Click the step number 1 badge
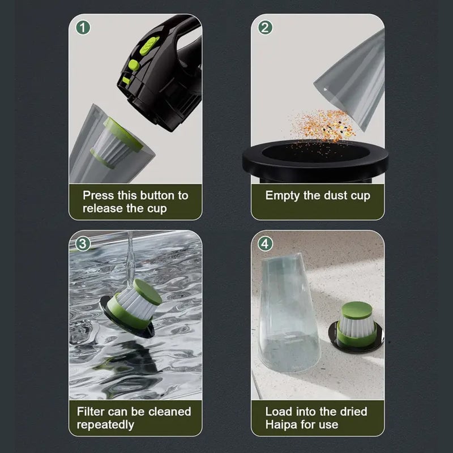83,28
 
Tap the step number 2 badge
265,28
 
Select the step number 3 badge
83,244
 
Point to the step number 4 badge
265,244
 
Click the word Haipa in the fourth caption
282,424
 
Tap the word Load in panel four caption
278,412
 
